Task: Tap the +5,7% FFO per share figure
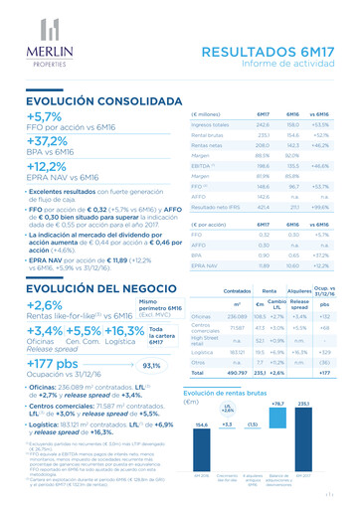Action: [x=45, y=117]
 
